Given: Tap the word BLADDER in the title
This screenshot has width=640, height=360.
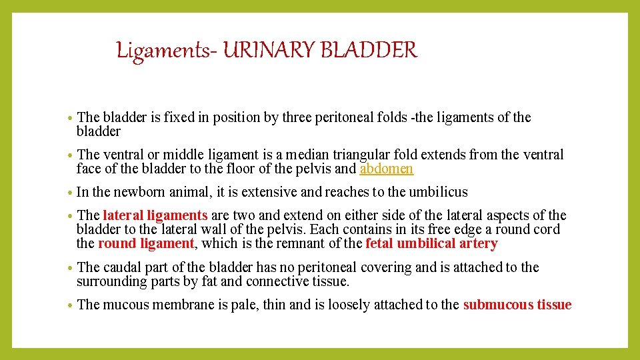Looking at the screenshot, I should pos(373,51).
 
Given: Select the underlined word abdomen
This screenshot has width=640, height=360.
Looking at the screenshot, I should pos(386,169).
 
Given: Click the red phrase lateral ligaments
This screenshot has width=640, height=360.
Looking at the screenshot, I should pos(155,215).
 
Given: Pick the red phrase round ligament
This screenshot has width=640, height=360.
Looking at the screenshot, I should pos(146,243).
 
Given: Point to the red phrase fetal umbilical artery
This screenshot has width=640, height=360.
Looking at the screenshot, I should pos(431,243).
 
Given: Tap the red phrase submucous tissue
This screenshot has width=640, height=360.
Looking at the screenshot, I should pos(517,305).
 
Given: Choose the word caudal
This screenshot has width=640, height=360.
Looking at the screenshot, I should pos(123,267).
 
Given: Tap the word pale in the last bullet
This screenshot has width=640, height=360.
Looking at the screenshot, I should pos(245,305).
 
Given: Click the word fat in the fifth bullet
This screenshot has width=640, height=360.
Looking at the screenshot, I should pos(208,281).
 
